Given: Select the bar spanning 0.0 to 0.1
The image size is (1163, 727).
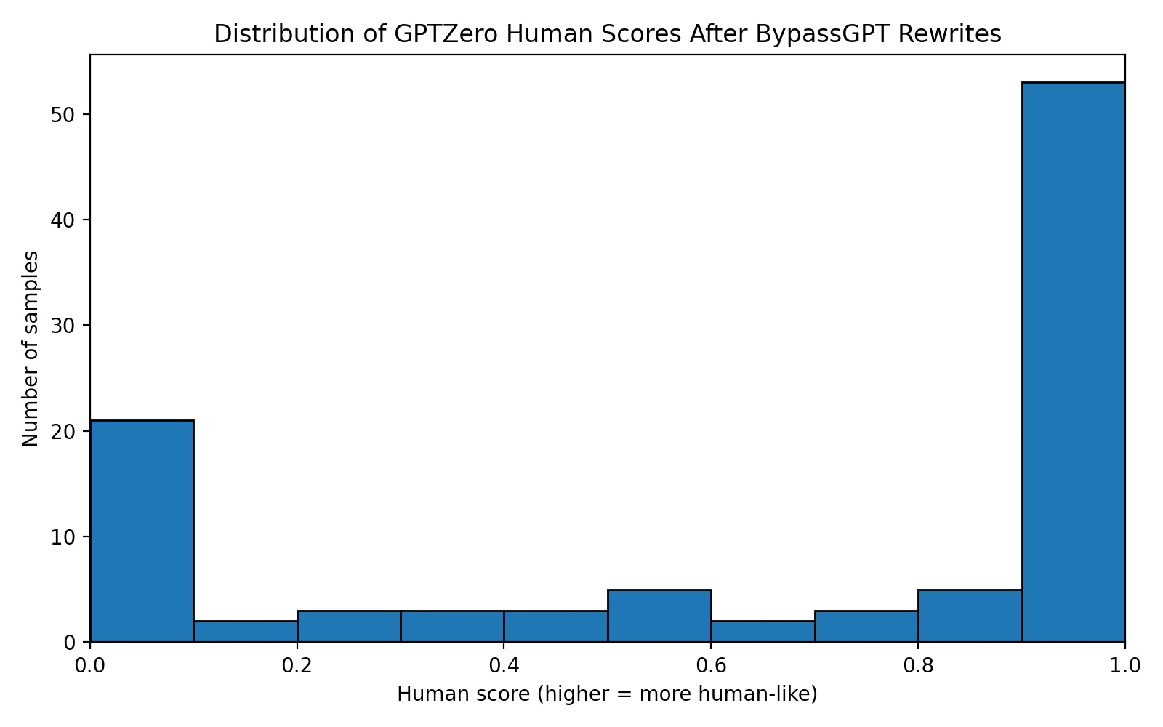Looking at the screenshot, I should pyautogui.click(x=142, y=531).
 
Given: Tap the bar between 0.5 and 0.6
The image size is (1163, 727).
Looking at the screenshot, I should pyautogui.click(x=659, y=616).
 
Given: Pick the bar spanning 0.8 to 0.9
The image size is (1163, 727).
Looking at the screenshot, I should pyautogui.click(x=970, y=616).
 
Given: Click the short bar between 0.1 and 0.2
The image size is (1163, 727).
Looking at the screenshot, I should pyautogui.click(x=245, y=632).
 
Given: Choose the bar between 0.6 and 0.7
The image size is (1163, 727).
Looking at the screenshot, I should pyautogui.click(x=762, y=632).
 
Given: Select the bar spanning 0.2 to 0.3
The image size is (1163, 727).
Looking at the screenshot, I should pyautogui.click(x=349, y=627).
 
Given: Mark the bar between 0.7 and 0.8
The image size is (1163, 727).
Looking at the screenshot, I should pyautogui.click(x=866, y=627).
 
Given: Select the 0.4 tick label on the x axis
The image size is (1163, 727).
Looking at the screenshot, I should pyautogui.click(x=504, y=664).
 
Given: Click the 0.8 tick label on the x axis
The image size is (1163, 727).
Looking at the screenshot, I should pyautogui.click(x=918, y=664).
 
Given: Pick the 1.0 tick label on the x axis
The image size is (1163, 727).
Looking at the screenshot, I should pyautogui.click(x=1124, y=664).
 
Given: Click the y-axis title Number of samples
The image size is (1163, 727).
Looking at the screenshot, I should pyautogui.click(x=31, y=348).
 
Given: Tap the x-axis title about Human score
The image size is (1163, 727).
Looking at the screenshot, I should pyautogui.click(x=607, y=694).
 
